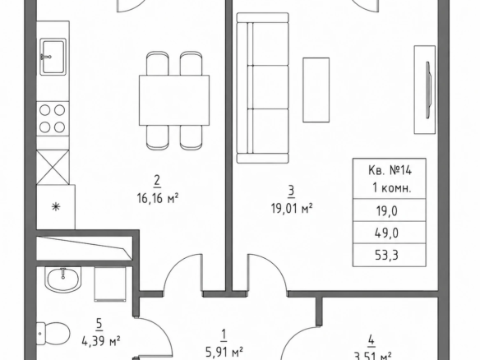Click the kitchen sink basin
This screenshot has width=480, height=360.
[53, 57]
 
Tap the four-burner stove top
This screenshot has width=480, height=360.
[53, 118]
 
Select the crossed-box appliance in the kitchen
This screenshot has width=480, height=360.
[53, 167]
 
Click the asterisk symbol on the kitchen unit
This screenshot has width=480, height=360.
[56, 207]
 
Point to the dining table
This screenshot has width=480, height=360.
[174, 100]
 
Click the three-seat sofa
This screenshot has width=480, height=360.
[263, 88]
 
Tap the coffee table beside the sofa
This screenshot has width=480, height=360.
[316, 90]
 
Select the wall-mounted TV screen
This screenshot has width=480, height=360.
[429, 90]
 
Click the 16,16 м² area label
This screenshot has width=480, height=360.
[158, 199]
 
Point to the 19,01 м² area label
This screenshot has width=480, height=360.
[292, 209]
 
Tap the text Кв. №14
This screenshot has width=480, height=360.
[390, 170]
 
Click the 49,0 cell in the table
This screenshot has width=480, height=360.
[386, 233]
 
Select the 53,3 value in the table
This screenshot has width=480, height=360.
[386, 255]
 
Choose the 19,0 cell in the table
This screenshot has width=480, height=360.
[386, 211]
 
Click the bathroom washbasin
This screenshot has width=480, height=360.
[63, 279]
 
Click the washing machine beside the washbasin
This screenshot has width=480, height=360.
[110, 284]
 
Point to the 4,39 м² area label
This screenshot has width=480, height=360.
[101, 340]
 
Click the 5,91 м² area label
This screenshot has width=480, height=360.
[224, 352]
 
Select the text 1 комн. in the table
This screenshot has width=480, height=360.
[391, 188]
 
